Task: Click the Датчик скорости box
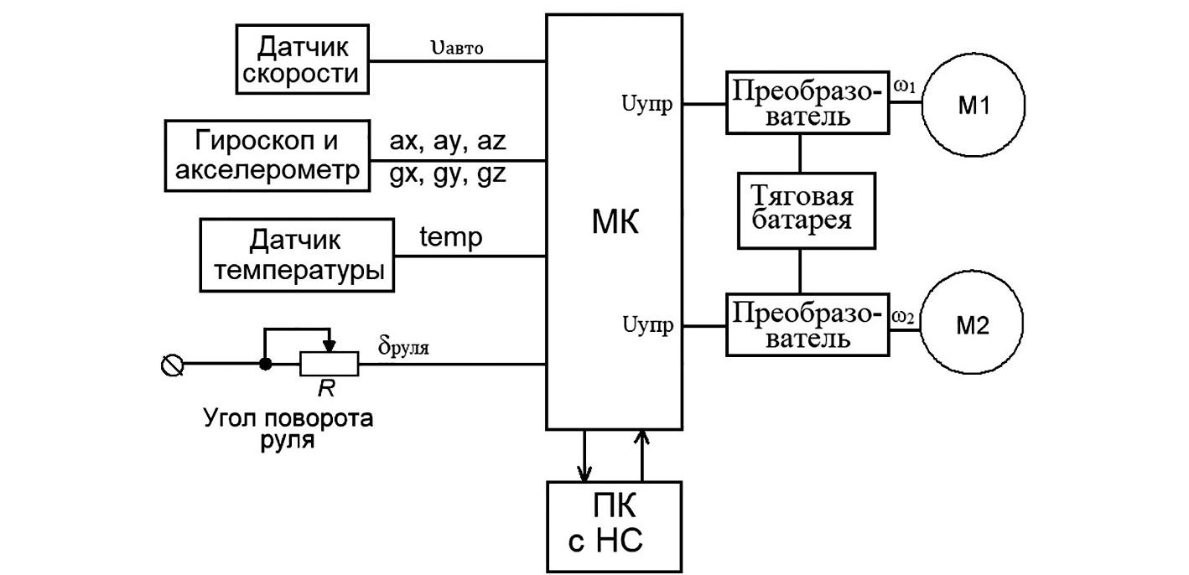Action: tap(303, 60)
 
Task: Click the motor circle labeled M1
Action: tap(974, 106)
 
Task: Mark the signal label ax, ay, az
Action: tap(448, 140)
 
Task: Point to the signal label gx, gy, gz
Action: tap(448, 175)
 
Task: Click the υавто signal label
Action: tap(457, 47)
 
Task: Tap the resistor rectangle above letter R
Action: tap(330, 364)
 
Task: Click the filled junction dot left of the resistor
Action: tap(266, 364)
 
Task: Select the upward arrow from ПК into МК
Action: tap(642, 453)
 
